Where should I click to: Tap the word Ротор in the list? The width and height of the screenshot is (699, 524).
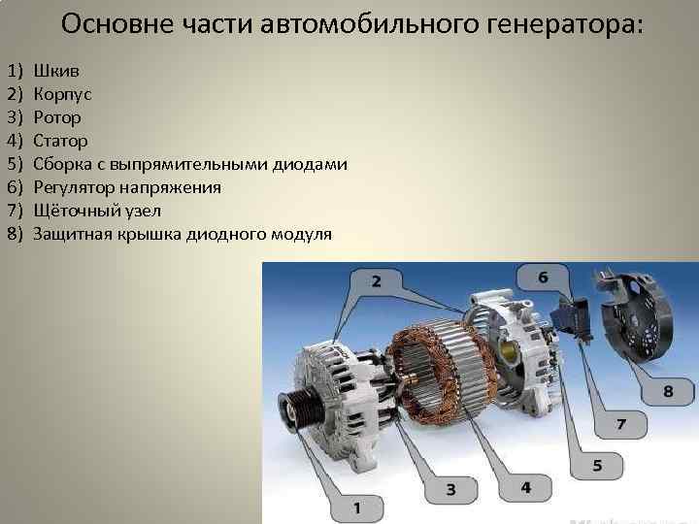click(x=56, y=118)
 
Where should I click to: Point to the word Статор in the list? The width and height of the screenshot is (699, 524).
click(x=60, y=142)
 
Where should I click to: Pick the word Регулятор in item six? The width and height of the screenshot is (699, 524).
click(x=76, y=188)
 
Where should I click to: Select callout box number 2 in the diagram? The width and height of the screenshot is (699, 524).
click(x=375, y=282)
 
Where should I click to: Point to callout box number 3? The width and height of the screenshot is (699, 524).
click(x=451, y=489)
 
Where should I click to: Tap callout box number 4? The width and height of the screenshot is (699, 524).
click(x=525, y=486)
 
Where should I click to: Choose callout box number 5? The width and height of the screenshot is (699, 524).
click(x=596, y=466)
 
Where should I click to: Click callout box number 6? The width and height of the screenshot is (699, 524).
click(x=543, y=278)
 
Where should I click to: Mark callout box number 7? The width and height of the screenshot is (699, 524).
click(x=619, y=425)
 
